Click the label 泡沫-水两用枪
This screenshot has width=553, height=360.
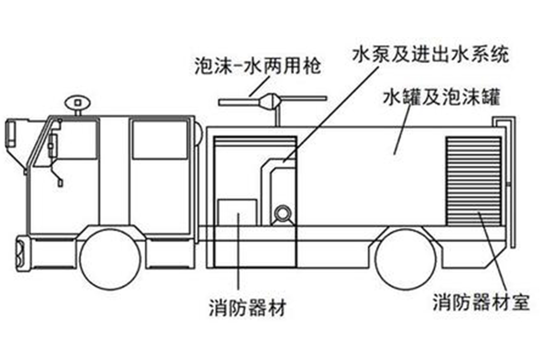pos(255,67)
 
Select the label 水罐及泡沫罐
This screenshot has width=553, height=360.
pos(442,97)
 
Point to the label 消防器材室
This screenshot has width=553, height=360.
pos(481,303)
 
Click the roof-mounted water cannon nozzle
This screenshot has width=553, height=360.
pos(272,100)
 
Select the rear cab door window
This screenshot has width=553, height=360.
pos(159,140)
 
